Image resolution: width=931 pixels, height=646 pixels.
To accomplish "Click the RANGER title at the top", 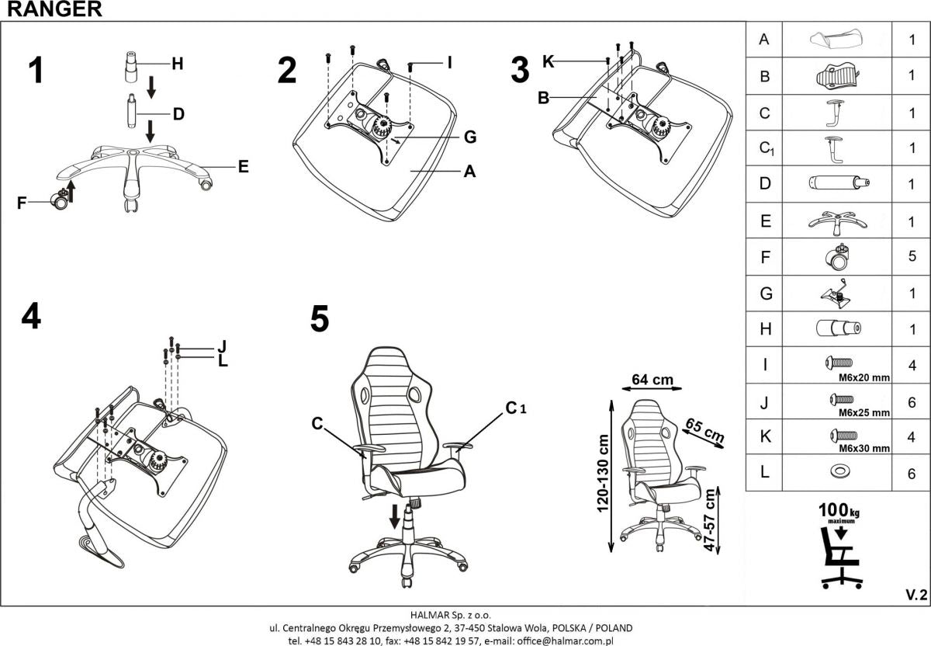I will (x=50, y=9).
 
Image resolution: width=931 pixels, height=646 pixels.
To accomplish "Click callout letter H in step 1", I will (x=177, y=64).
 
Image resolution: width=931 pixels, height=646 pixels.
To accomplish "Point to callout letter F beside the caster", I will (x=22, y=203).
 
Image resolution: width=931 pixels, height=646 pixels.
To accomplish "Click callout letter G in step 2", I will (x=469, y=137).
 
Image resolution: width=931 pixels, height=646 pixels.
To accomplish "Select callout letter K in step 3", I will (x=549, y=61).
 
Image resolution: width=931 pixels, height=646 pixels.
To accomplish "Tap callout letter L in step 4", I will (x=223, y=360).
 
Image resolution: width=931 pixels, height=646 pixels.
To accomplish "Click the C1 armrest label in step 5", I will (x=515, y=407).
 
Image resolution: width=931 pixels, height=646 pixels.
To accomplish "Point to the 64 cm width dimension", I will (x=652, y=380).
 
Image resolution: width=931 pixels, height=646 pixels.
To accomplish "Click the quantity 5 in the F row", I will (x=912, y=256).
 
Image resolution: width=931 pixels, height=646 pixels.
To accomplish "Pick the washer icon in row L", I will (x=839, y=472).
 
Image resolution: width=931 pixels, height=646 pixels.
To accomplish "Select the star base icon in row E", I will (x=838, y=221).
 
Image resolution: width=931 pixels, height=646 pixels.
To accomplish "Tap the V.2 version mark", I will (x=915, y=595).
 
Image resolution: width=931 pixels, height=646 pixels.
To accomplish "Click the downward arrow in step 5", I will (x=396, y=515).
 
